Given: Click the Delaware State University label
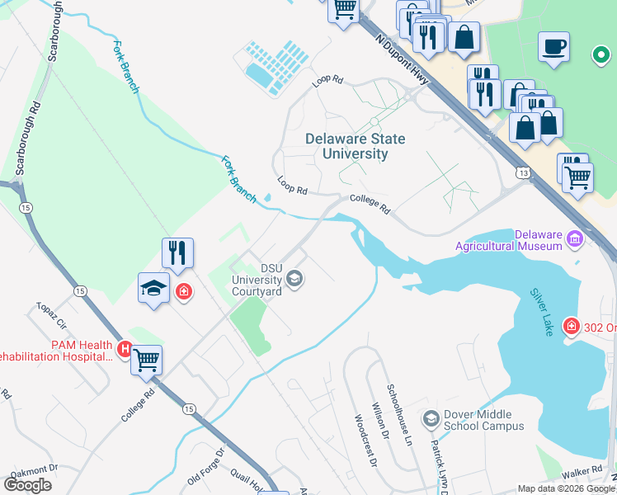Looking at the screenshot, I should (356, 146).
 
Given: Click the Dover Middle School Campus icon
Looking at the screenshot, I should (430, 420).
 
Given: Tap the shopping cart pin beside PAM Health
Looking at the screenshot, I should (147, 359).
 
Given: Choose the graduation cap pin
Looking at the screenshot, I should (153, 288).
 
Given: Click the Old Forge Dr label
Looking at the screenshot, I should (206, 466).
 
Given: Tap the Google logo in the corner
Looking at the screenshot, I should (27, 484).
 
